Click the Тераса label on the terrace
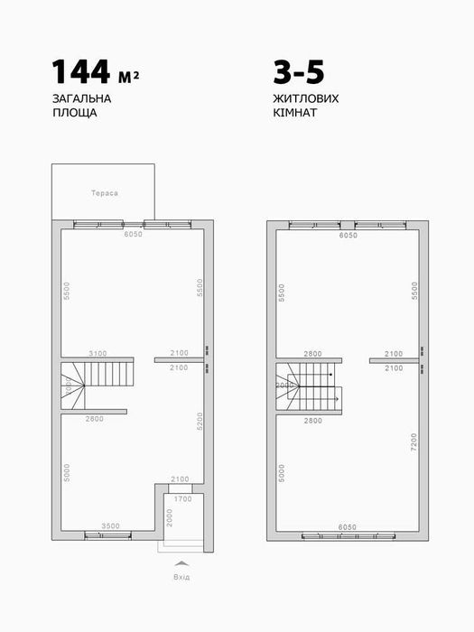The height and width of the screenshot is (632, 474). click(105, 193)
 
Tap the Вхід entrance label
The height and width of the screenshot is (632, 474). click(181, 577)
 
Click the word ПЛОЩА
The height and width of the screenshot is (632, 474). click(72, 116)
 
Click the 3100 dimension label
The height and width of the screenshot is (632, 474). click(98, 353)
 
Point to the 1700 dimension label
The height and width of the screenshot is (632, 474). click(182, 497)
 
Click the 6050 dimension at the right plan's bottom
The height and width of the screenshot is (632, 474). click(348, 525)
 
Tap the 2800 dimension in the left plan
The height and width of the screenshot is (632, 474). click(95, 420)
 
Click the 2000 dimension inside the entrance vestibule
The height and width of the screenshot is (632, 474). click(170, 518)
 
